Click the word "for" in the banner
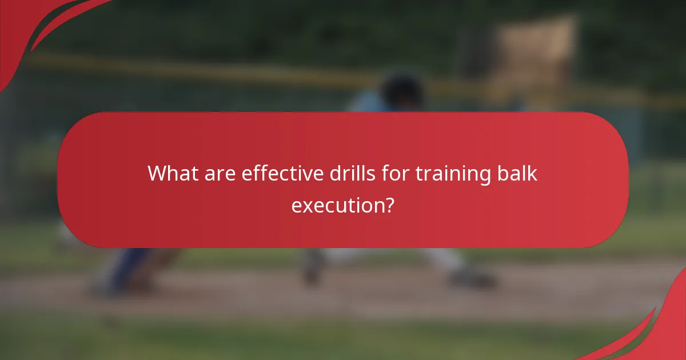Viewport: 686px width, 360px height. click(x=397, y=173)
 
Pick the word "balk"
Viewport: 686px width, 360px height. click(x=514, y=173)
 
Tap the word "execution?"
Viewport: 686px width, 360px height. click(x=342, y=205)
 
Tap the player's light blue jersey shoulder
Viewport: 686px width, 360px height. click(x=366, y=103)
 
